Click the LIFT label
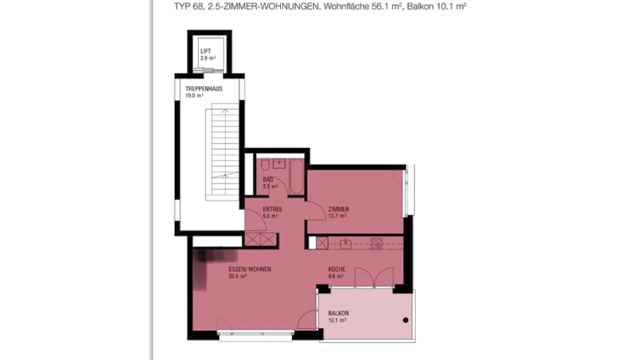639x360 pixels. coord(205,50)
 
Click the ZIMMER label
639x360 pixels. coord(339,209)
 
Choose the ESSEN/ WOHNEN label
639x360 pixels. coord(250,270)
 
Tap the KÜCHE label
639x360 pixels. coord(338,270)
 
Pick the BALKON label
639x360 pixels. coord(338,313)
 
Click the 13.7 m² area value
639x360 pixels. coord(337,216)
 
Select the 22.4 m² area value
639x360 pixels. coord(237,277)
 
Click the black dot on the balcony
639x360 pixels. coord(406,320)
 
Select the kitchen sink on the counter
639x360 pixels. coord(345,243)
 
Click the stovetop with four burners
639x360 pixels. coord(376,243)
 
